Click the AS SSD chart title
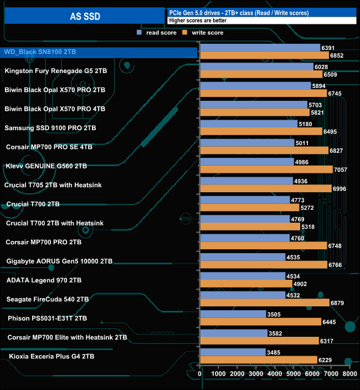[85, 16]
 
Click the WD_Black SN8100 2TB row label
[40, 52]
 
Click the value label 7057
[341, 170]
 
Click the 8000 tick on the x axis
[349, 374]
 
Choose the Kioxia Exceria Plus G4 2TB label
[52, 356]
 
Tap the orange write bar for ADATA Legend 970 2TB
[245, 284]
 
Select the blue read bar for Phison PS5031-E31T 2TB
[233, 314]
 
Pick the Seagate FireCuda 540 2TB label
[48, 299]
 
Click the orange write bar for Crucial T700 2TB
[249, 208]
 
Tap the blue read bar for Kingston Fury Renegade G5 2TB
[256, 66]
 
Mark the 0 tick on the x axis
[200, 374]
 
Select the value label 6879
[338, 303]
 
